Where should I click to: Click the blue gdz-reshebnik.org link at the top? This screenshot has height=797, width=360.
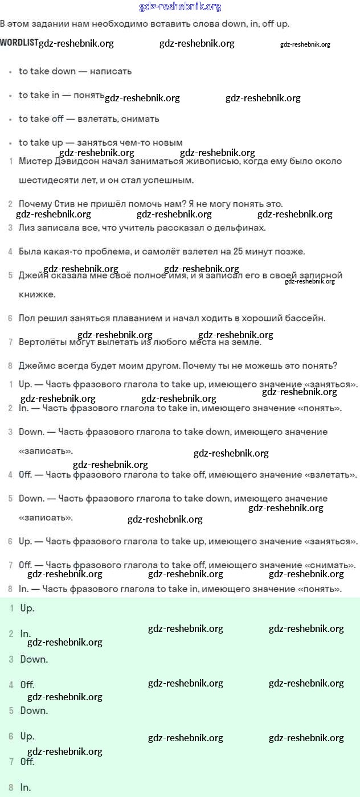(180, 7)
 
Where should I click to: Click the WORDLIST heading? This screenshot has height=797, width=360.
(19, 43)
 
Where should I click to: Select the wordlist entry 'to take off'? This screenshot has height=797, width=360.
(41, 119)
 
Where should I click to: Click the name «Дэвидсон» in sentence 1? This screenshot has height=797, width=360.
(71, 161)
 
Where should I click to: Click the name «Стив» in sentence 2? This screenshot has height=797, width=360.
(65, 204)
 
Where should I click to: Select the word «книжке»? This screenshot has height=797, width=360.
(37, 294)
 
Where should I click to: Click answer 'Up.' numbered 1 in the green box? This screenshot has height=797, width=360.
(27, 608)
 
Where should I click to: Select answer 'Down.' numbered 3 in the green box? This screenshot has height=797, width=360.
(34, 659)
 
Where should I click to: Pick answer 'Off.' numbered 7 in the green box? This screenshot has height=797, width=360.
(27, 762)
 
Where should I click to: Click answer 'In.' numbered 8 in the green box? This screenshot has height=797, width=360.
(25, 787)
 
